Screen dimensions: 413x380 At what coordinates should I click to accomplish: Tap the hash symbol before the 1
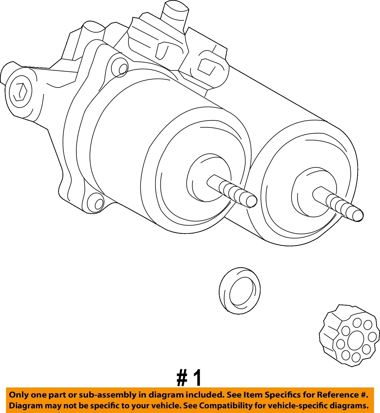pyautogui.click(x=182, y=378)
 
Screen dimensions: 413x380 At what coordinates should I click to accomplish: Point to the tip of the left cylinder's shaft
pyautogui.click(x=252, y=201)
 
